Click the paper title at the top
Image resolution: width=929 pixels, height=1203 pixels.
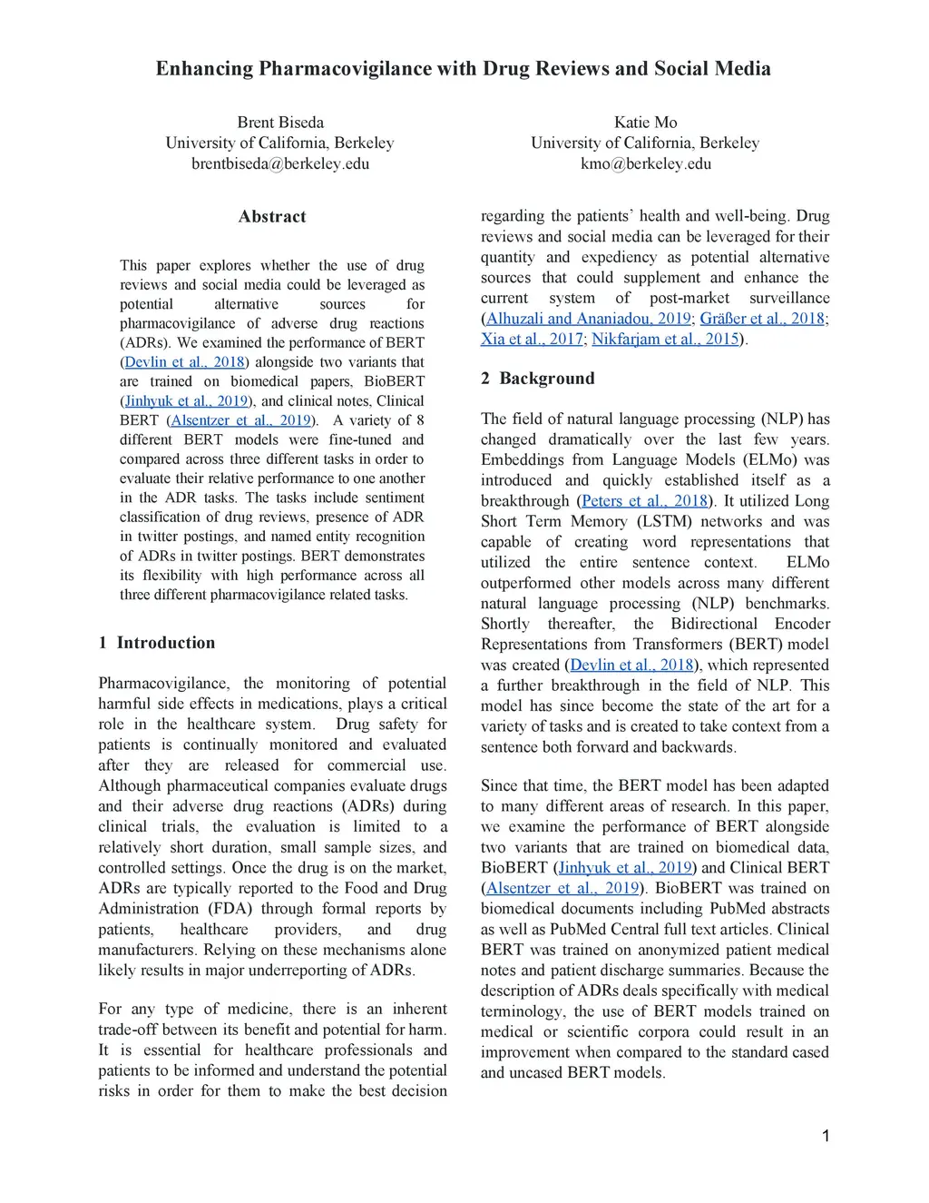point(463,69)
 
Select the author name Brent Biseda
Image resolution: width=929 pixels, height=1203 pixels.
point(280,123)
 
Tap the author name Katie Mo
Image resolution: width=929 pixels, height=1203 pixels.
point(645,123)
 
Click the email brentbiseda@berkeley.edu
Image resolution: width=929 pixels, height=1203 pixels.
point(280,163)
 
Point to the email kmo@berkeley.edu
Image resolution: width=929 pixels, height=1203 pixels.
point(645,163)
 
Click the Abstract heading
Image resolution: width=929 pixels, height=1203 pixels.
point(272,217)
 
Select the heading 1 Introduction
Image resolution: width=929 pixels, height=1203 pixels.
point(157,643)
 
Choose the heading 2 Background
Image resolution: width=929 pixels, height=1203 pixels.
point(538,379)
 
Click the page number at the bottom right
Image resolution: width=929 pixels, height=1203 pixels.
point(826,1136)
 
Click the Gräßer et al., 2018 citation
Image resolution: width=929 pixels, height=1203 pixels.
point(762,319)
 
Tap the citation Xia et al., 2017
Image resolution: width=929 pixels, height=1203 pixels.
point(532,340)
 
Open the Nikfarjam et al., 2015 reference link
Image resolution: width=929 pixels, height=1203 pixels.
point(665,340)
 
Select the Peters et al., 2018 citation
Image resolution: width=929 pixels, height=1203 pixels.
point(644,501)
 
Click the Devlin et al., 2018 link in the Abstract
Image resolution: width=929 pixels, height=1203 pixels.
point(184,362)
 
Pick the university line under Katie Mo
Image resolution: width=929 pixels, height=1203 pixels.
point(645,143)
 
